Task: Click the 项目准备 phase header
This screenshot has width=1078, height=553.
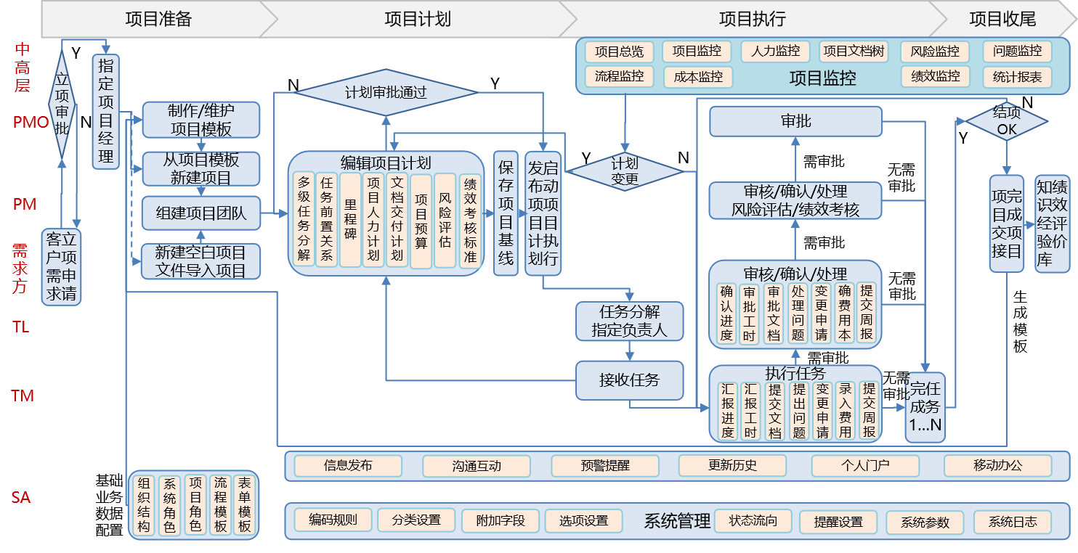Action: click(158, 19)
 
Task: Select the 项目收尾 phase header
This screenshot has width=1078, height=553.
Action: click(1002, 19)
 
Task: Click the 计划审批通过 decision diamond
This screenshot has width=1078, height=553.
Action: click(385, 93)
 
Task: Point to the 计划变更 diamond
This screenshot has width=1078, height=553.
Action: click(625, 171)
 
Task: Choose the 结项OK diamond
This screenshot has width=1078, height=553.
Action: click(1007, 121)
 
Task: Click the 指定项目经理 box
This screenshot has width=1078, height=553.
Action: click(106, 111)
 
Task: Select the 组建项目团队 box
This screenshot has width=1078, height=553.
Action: click(201, 213)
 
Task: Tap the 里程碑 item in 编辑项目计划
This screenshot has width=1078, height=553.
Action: click(350, 220)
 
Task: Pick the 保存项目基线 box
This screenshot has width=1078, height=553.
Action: click(506, 213)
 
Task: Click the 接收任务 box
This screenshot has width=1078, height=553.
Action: click(629, 380)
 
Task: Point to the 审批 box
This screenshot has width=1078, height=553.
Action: click(795, 121)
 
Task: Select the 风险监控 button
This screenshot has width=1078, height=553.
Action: click(935, 52)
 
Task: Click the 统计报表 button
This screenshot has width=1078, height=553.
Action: click(1017, 77)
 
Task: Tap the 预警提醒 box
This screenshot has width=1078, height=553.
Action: click(604, 466)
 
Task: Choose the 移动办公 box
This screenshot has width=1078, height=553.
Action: click(997, 466)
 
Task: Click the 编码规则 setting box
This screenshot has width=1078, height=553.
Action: click(333, 520)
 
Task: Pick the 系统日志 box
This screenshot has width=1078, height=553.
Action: click(1013, 522)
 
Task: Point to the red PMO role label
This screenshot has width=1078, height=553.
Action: click(31, 122)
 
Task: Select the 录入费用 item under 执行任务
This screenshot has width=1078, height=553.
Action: click(845, 411)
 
